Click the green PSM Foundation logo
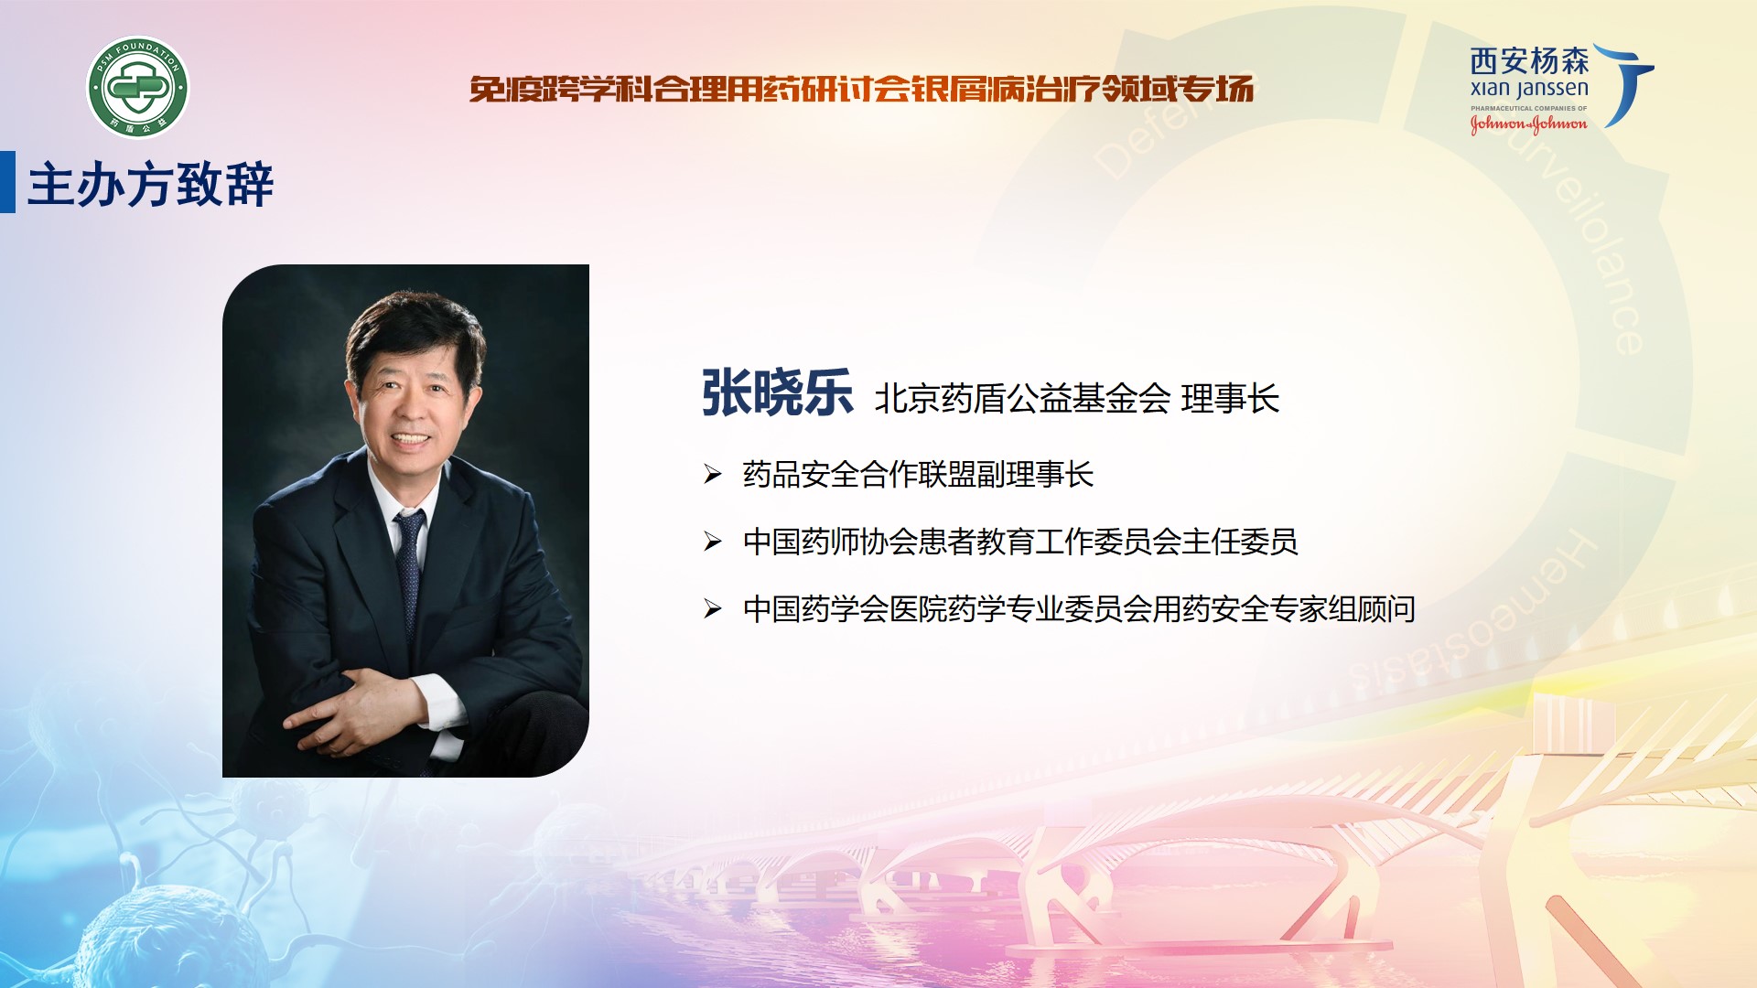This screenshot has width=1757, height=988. click(138, 88)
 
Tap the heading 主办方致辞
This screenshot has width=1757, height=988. click(151, 185)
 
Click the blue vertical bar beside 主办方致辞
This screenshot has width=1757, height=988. click(7, 182)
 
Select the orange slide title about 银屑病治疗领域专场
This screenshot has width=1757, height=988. click(861, 89)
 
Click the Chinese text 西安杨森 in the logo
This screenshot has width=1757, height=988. click(1529, 61)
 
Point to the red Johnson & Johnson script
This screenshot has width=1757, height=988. click(1528, 123)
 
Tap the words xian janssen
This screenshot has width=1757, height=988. click(1529, 89)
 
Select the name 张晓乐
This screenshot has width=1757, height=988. click(777, 393)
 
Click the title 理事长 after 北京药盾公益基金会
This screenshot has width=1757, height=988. click(1230, 399)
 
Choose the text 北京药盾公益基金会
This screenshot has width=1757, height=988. click(1022, 399)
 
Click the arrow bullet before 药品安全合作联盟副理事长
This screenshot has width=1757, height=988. click(713, 474)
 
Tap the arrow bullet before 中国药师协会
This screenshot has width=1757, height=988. click(713, 542)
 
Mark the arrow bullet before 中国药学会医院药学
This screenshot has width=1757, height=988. click(713, 608)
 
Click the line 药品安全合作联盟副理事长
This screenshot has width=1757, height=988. click(918, 474)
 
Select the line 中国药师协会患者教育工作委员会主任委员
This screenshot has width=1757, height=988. click(1020, 542)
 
